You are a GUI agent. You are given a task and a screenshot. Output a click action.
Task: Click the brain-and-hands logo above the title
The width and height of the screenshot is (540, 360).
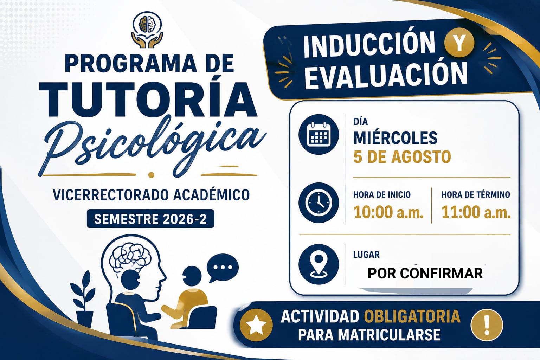pos(147,30)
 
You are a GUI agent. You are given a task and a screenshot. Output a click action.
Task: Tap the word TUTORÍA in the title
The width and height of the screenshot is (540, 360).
pos(148,100)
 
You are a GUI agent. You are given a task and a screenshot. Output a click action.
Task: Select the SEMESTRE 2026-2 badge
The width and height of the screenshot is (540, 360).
pos(150,219)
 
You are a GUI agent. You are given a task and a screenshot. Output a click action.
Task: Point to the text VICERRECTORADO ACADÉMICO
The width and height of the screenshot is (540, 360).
pos(152,195)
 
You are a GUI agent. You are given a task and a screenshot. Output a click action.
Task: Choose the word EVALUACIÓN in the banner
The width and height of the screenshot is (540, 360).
pos(385,75)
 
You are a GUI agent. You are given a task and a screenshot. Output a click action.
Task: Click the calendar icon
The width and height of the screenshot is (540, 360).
pos(319,134)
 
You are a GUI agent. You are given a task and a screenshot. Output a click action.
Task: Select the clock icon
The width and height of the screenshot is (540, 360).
pos(319,202)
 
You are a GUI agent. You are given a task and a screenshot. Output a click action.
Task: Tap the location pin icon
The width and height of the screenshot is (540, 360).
pos(319,264)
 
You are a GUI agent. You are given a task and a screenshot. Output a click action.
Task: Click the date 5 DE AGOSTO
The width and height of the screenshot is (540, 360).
pos(402,156)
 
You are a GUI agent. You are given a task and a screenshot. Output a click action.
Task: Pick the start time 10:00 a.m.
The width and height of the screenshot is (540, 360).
pos(388,212)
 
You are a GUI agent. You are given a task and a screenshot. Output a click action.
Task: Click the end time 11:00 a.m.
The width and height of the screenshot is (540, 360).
pos(476,212)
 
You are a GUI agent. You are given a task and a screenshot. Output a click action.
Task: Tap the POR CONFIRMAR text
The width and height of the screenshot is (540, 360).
pos(425,274)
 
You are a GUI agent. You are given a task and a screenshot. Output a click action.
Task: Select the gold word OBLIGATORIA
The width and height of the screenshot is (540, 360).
pos(412,316)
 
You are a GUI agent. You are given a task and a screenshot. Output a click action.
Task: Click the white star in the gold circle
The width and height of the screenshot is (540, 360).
pos(256,325)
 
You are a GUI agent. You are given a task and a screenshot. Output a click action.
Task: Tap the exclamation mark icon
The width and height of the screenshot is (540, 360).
pos(487,325)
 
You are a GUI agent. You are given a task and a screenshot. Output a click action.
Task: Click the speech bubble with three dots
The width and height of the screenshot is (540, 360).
pos(223,267)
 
